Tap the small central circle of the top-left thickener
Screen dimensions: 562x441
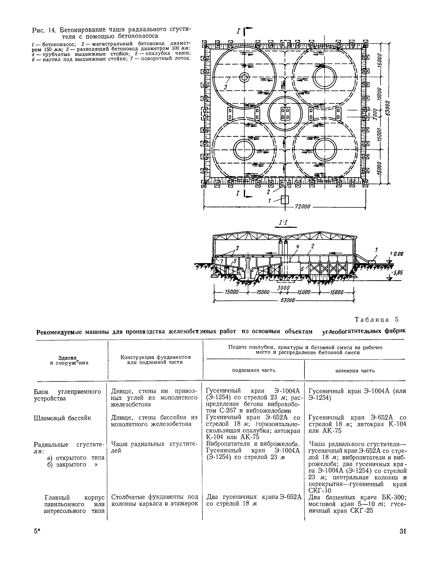click(244, 77)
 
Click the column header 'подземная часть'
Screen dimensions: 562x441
click(254, 370)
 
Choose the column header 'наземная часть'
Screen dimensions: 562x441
click(355, 370)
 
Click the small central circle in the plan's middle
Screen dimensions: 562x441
click(285, 113)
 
